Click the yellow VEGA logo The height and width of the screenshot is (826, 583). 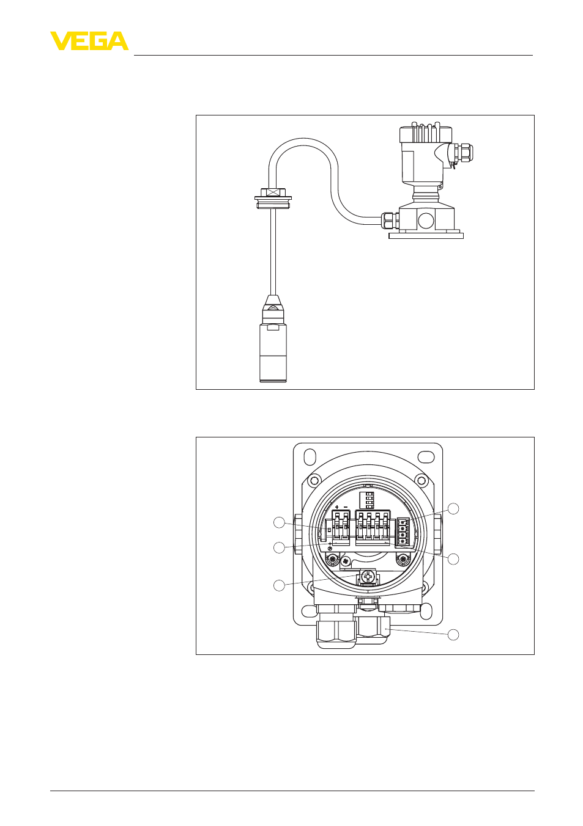coord(89,41)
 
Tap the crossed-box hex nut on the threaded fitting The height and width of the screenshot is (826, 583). coord(273,192)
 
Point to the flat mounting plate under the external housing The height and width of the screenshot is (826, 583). coord(426,235)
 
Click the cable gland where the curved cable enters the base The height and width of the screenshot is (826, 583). coord(390,220)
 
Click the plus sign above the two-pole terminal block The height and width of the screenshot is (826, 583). coord(337,508)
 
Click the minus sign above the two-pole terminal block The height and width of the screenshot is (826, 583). coord(346,508)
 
